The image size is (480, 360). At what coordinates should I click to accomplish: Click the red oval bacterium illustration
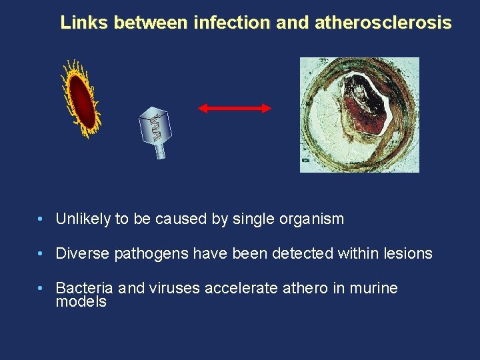(x=80, y=99)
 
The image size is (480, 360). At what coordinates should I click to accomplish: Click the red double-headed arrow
(x=235, y=107)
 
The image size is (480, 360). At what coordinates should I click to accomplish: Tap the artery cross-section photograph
(x=359, y=115)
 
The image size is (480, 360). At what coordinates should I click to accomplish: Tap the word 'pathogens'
(x=147, y=254)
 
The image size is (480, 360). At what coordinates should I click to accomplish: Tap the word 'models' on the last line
(x=81, y=302)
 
